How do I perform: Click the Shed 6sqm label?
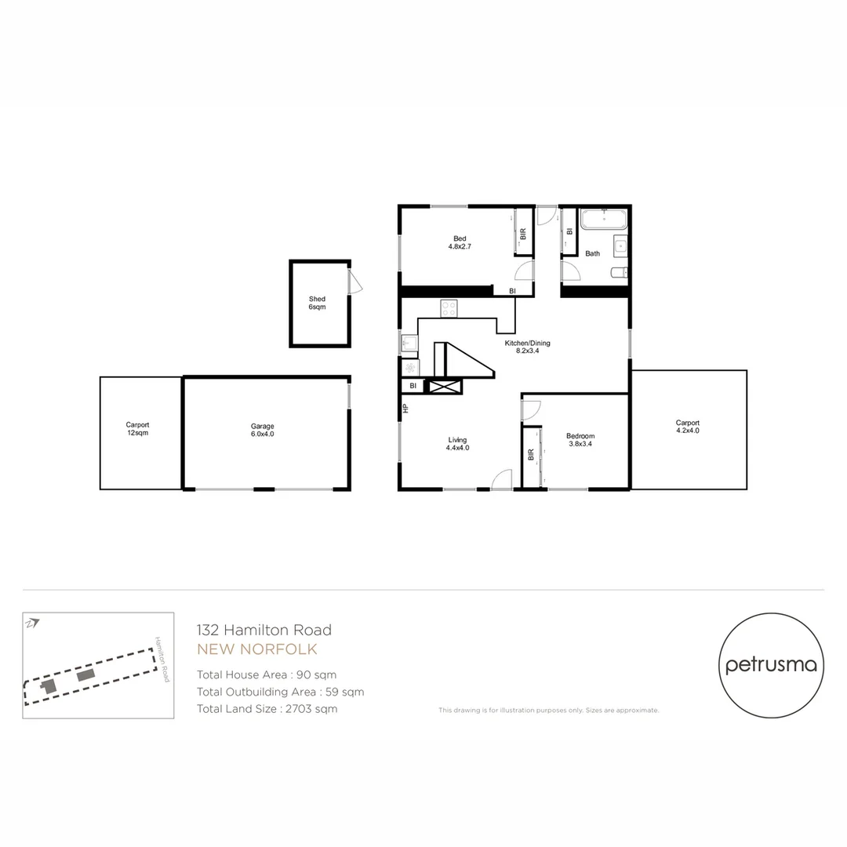pyautogui.click(x=317, y=304)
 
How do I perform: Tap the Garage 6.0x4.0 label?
pyautogui.click(x=263, y=430)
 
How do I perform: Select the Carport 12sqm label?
pyautogui.click(x=137, y=428)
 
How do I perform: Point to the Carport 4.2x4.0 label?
pyautogui.click(x=687, y=426)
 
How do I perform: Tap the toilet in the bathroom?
pyautogui.click(x=619, y=273)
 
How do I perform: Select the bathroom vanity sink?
pyautogui.click(x=620, y=245)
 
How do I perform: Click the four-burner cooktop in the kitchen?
pyautogui.click(x=449, y=309)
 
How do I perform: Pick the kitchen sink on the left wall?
pyautogui.click(x=409, y=343)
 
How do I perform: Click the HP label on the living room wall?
pyautogui.click(x=405, y=408)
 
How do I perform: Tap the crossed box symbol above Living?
pyautogui.click(x=443, y=386)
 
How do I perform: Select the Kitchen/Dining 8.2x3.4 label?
pyautogui.click(x=526, y=347)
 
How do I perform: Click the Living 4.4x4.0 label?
pyautogui.click(x=457, y=444)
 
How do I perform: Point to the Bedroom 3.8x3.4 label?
pyautogui.click(x=580, y=440)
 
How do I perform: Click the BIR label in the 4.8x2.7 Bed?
pyautogui.click(x=523, y=234)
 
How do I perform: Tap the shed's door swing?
pyautogui.click(x=356, y=282)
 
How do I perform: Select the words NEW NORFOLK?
pyautogui.click(x=257, y=649)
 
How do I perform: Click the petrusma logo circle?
pyautogui.click(x=771, y=665)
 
